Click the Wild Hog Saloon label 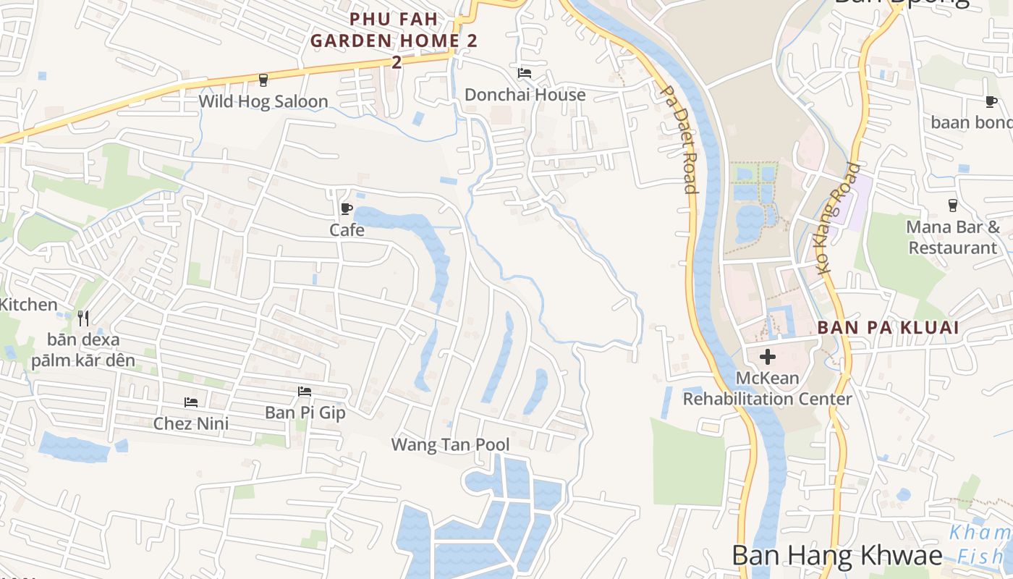pyautogui.click(x=263, y=101)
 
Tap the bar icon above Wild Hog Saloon pyautogui.click(x=263, y=80)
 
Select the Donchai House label pyautogui.click(x=525, y=95)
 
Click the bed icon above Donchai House pyautogui.click(x=525, y=73)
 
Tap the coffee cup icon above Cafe pyautogui.click(x=347, y=209)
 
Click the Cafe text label pyautogui.click(x=347, y=230)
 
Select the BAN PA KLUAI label pyautogui.click(x=888, y=327)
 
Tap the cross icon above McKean pyautogui.click(x=767, y=356)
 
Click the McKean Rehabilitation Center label pyautogui.click(x=767, y=388)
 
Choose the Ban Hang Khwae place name pyautogui.click(x=837, y=555)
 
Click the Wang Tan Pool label pyautogui.click(x=450, y=444)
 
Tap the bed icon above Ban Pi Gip pyautogui.click(x=305, y=392)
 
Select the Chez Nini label pyautogui.click(x=191, y=423)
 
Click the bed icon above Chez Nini pyautogui.click(x=191, y=402)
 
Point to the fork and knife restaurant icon pyautogui.click(x=83, y=318)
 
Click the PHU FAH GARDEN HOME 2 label pyautogui.click(x=394, y=41)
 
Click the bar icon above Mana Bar pyautogui.click(x=953, y=206)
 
